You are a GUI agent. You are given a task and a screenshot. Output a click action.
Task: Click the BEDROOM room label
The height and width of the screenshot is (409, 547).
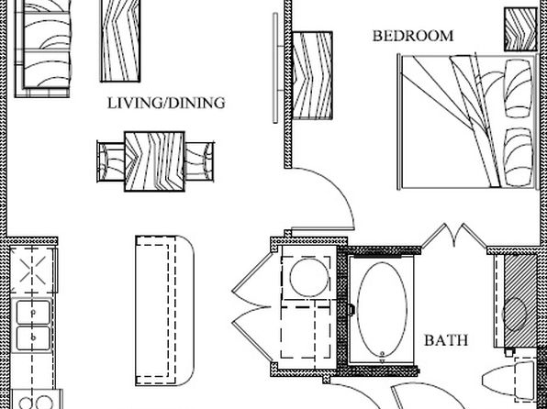coord(413,36)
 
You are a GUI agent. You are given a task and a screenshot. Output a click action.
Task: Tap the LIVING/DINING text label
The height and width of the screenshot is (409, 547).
coord(166,104)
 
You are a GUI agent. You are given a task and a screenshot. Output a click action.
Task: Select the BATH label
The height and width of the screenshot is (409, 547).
coord(446,340)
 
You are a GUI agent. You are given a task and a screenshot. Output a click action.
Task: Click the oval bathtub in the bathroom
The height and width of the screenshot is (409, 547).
coord(382,310)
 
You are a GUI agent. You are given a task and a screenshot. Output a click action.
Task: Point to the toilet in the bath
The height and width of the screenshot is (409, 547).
coord(508,379)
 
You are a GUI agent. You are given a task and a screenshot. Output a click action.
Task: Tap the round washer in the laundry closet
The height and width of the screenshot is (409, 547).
coord(309,278)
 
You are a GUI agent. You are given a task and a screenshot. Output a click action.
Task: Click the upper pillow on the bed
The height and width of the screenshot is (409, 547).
coord(519,89)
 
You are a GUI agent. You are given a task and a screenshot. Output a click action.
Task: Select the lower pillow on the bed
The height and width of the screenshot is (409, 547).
coord(519,157)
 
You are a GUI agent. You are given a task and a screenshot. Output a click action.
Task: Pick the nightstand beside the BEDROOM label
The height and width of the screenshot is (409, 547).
coord(520,29)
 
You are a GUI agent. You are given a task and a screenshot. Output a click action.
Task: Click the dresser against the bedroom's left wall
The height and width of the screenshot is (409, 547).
coord(312,76)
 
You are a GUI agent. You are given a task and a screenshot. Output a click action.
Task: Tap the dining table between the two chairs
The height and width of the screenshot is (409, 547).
coord(154,161)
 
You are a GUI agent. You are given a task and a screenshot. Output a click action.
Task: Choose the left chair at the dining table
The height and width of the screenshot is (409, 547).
coord(110,161)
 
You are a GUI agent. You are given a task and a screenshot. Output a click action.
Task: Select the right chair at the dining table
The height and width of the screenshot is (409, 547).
coord(199,161)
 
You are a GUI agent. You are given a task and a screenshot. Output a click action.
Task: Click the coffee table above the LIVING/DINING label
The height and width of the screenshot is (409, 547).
coord(120,40)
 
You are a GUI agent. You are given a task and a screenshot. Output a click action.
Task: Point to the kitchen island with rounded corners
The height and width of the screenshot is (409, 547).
coord(164,311)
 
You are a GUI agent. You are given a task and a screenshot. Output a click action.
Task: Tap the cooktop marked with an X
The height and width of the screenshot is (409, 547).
coord(33,270)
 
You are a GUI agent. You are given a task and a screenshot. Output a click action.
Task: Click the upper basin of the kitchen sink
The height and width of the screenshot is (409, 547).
coord(33,313)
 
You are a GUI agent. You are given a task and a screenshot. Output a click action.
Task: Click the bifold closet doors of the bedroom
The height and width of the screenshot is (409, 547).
coord(454,236)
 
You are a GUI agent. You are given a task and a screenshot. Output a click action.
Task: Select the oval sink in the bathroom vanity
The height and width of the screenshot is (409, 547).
coord(514,315)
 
